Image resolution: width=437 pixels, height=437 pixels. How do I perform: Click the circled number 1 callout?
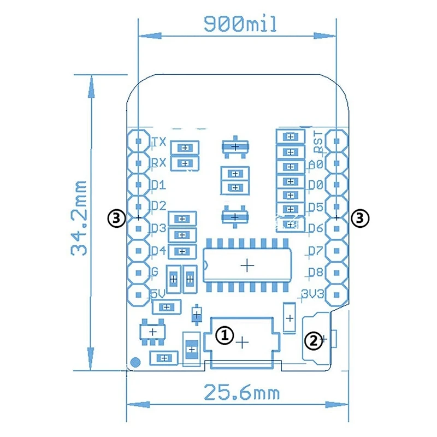click(x=225, y=335)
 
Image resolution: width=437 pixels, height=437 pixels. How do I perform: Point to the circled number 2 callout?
click(x=312, y=340)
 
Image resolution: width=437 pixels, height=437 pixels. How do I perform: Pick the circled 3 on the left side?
click(x=117, y=218)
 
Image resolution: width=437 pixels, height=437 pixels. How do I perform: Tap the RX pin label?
click(x=158, y=162)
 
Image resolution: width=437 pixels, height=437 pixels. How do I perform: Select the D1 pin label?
click(x=158, y=185)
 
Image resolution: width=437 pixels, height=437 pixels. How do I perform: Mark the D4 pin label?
click(x=158, y=251)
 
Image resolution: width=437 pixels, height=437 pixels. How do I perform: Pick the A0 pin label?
click(x=316, y=163)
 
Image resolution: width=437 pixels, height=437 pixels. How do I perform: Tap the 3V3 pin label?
click(x=313, y=294)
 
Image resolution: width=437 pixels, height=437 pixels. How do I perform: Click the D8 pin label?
click(x=316, y=272)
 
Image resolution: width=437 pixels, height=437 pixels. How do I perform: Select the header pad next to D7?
click(x=337, y=250)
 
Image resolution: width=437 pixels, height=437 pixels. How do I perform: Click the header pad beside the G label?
click(x=139, y=271)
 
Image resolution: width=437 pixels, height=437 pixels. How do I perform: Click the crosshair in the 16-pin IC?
click(x=247, y=265)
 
